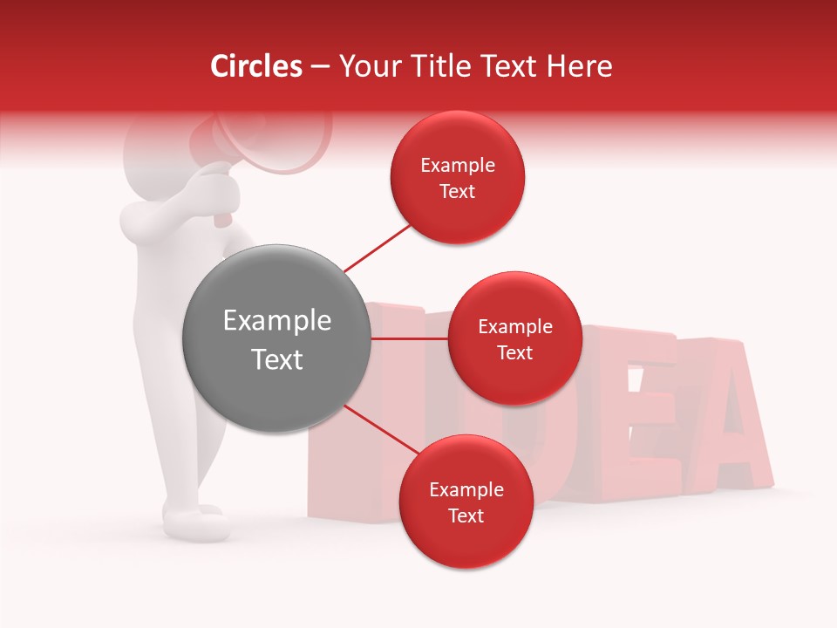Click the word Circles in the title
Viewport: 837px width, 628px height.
click(x=256, y=66)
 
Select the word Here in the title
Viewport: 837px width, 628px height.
click(x=580, y=66)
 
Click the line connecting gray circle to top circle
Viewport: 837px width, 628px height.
click(x=377, y=247)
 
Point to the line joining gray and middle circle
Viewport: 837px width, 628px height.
click(x=409, y=338)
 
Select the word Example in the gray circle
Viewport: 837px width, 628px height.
click(x=277, y=321)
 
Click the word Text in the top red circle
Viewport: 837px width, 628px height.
click(x=457, y=192)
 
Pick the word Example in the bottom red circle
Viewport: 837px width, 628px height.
click(x=466, y=490)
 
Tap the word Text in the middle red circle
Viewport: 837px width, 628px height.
click(x=514, y=353)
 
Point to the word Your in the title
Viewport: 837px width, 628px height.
click(x=367, y=66)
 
